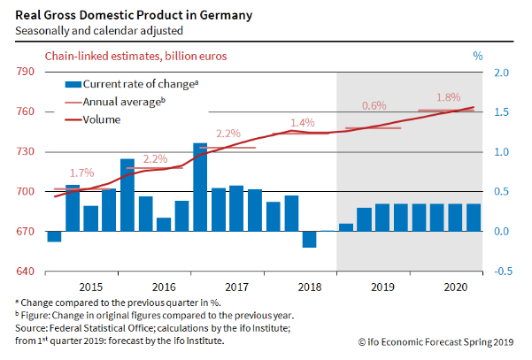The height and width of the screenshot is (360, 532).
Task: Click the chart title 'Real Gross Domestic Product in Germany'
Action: [133, 14]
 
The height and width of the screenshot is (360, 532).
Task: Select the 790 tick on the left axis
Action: [25, 72]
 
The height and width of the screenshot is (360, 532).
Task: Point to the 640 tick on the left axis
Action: [25, 272]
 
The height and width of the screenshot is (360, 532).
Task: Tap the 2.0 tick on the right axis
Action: [500, 72]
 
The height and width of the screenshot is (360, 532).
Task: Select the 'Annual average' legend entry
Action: [123, 102]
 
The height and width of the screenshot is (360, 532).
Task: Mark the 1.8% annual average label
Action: [449, 97]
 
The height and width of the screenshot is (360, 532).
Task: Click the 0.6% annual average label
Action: [374, 105]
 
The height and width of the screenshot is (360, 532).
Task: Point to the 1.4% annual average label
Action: [303, 122]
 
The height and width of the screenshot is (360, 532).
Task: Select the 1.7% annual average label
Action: [81, 172]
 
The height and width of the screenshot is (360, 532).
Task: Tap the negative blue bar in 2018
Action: [309, 239]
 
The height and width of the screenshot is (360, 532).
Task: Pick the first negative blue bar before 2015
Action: [54, 236]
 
